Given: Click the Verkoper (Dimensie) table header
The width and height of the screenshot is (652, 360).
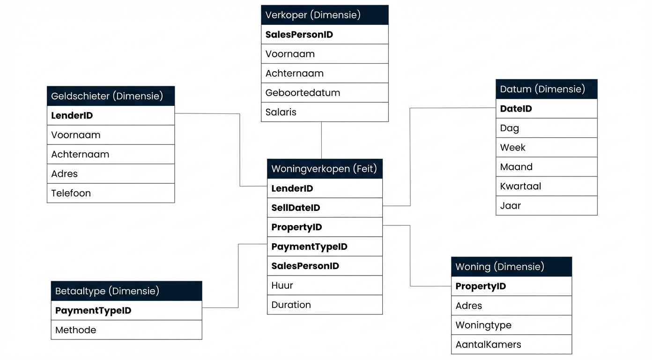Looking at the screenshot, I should click(x=325, y=15).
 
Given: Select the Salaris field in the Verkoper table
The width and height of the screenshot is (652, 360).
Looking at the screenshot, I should click(x=325, y=112).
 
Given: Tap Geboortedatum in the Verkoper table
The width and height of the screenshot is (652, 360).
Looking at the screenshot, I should click(x=325, y=93).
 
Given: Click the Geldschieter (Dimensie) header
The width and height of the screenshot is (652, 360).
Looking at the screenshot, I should click(x=111, y=96).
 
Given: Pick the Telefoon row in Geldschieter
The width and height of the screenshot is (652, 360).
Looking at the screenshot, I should click(x=111, y=193).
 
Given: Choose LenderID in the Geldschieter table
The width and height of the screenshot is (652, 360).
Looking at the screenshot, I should click(x=111, y=115).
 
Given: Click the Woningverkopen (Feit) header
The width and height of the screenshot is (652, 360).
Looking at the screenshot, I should click(x=325, y=169).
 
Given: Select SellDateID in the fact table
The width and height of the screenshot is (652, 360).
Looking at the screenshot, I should click(x=325, y=208).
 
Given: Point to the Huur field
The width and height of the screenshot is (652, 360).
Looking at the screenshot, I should click(x=325, y=285).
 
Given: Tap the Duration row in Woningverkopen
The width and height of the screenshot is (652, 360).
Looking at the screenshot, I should click(x=325, y=305).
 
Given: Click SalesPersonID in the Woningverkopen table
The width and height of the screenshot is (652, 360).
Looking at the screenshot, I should click(x=325, y=266).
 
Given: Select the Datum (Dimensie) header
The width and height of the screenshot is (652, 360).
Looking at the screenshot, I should click(x=546, y=89).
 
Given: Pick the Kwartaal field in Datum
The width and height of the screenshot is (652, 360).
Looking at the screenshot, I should click(x=546, y=186).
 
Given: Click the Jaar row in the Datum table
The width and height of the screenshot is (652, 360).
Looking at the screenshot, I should click(x=546, y=205).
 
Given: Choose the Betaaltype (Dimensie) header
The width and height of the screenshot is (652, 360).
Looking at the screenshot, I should click(x=126, y=291).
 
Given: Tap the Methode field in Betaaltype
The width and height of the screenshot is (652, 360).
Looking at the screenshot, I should click(x=126, y=330).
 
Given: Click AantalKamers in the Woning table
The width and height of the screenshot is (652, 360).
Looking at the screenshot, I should click(x=511, y=345).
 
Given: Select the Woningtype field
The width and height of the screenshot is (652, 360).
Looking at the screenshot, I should click(x=511, y=325).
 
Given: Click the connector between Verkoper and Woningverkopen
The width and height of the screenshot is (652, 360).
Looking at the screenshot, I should click(x=321, y=141).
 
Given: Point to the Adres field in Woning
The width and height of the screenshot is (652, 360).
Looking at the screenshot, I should click(x=511, y=306).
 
